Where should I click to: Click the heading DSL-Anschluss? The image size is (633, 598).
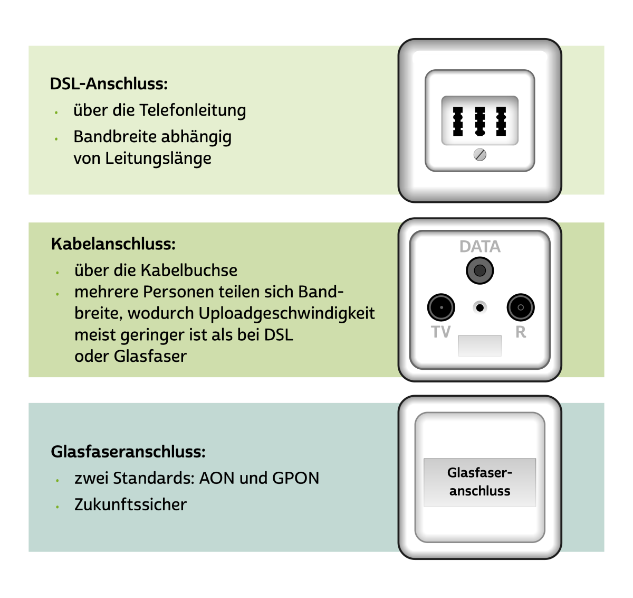coord(109,83)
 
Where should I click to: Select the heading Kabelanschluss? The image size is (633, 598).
coord(113,244)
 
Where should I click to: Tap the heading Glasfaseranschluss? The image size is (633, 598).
coord(128,452)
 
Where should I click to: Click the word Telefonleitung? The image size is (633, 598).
coord(193,110)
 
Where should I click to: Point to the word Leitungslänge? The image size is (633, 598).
coord(158,158)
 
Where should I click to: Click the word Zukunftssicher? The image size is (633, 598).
coord(130,504)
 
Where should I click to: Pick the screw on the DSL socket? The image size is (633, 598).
coord(480,155)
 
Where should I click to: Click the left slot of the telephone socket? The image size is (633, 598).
coord(458,122)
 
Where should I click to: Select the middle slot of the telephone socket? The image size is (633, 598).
coord(479,122)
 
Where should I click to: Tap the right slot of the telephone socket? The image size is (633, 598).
coord(501,122)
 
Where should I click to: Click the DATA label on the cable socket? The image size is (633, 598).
coord(479,247)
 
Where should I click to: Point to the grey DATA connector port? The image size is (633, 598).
coord(479,271)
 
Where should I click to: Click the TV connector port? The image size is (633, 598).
coord(441,307)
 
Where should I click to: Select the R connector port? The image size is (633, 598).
coord(520,307)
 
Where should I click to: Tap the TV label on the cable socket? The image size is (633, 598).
coord(441,332)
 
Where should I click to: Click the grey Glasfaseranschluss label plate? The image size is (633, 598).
coord(479,482)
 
